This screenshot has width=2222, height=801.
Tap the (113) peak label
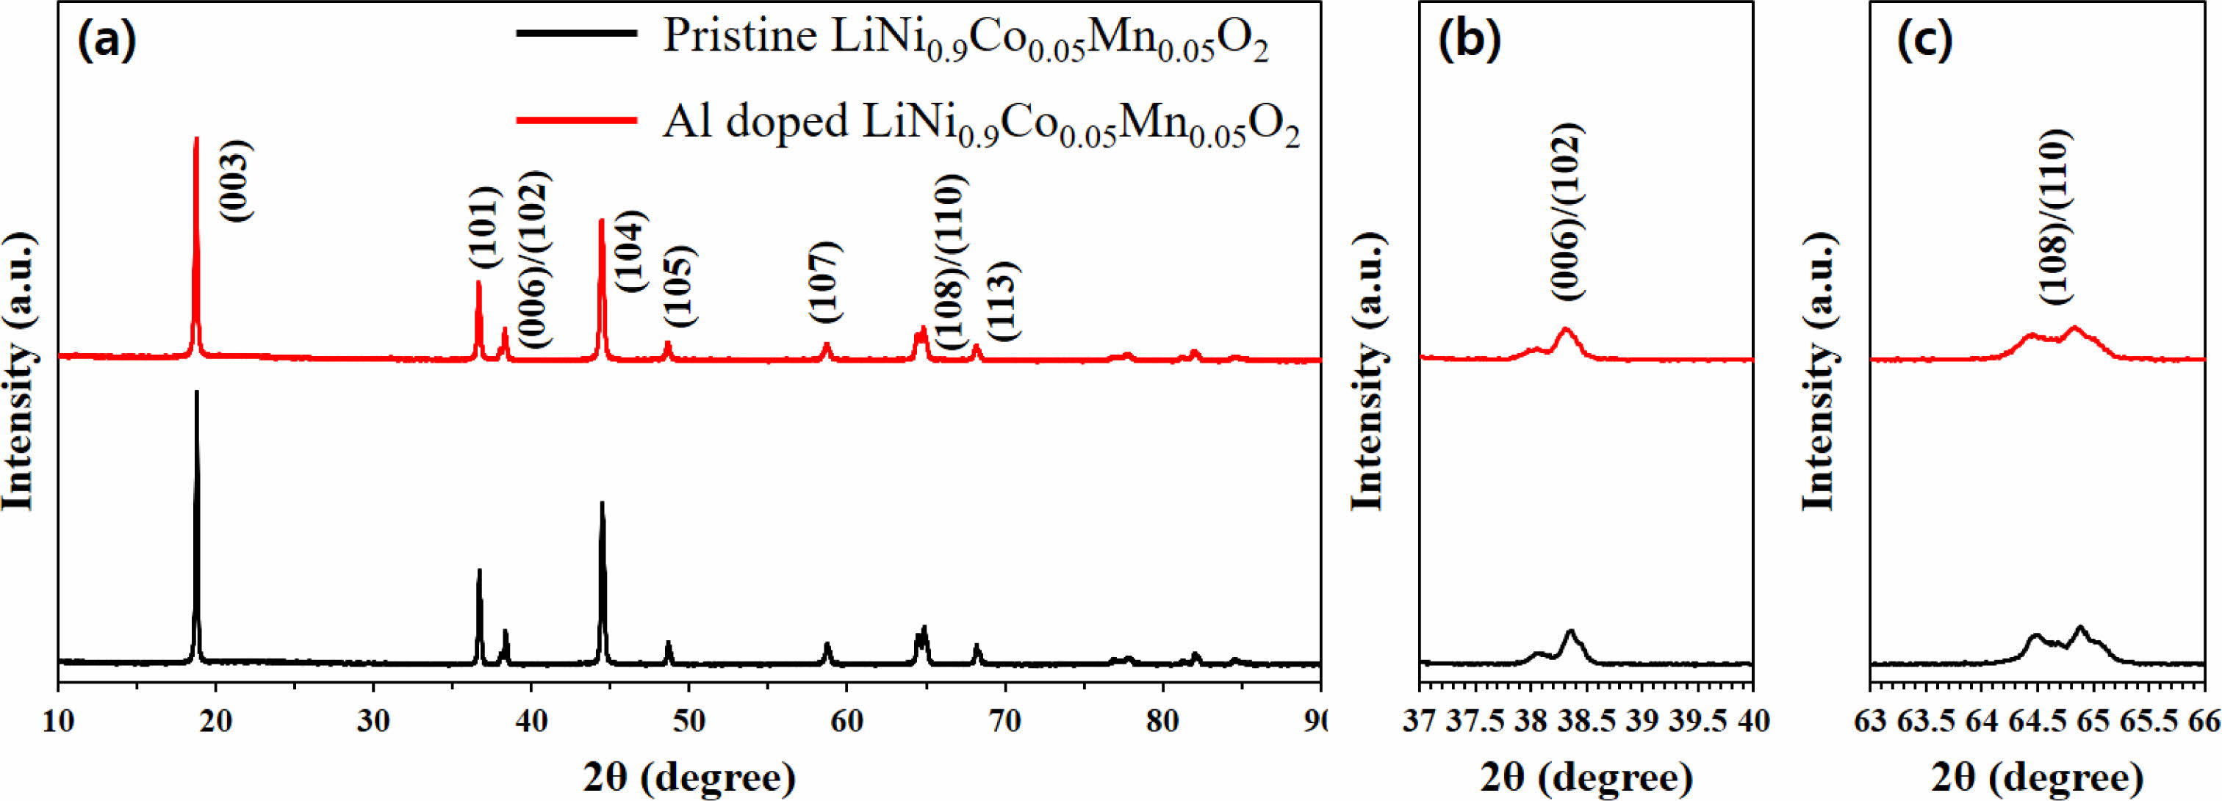(1004, 301)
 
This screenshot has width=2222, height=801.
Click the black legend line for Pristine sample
(576, 34)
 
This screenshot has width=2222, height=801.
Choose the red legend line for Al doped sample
(576, 120)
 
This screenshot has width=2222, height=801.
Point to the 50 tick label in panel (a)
(688, 721)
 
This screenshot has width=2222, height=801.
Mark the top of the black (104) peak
(602, 503)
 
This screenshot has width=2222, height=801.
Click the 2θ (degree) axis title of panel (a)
(689, 777)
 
